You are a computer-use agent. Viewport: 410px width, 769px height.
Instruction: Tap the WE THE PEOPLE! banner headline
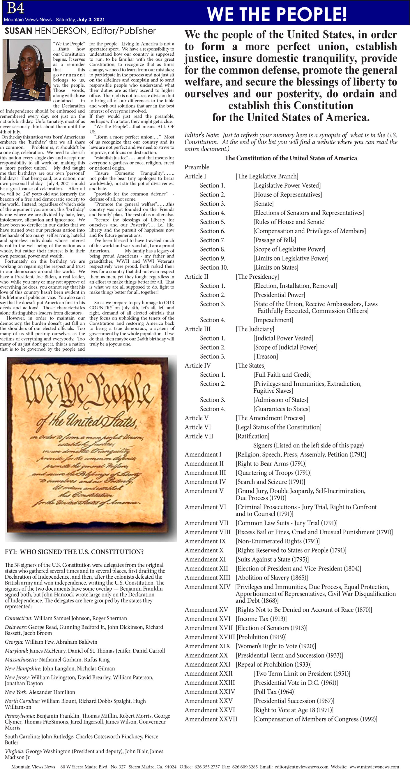pos(277,14)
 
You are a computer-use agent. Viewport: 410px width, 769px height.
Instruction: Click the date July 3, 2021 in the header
pos(91,20)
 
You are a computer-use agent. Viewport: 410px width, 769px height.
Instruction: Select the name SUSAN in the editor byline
pos(18,31)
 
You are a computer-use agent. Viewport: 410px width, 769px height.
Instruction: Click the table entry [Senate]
pos(263,203)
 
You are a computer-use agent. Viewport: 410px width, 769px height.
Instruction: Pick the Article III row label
pos(197,329)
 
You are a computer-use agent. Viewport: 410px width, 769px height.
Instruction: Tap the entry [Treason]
pos(265,357)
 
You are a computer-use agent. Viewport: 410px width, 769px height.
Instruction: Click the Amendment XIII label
pos(207,578)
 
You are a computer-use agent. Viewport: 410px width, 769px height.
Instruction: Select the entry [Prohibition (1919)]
pos(261,637)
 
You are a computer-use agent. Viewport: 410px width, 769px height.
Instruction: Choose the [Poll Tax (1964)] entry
pos(274,692)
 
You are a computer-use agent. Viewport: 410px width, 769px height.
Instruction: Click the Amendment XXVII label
pos(211,719)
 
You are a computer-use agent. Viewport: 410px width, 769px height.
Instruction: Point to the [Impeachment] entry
pos(273,320)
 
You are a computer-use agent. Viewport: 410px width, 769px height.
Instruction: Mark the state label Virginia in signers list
pos(14,752)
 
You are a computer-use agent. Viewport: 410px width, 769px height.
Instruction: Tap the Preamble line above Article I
pos(197,167)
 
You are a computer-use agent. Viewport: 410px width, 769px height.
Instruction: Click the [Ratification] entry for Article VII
pos(252,436)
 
